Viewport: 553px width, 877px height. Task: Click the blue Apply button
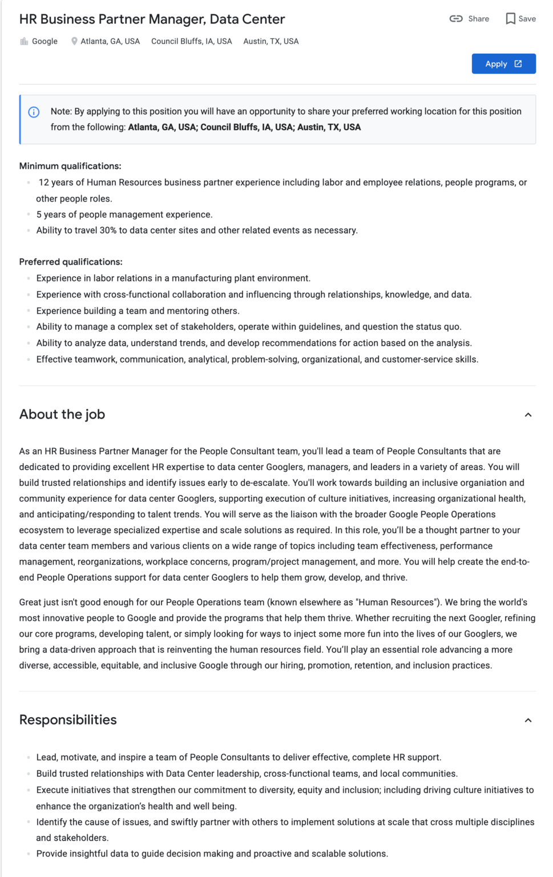click(503, 64)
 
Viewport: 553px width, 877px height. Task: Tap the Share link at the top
click(470, 19)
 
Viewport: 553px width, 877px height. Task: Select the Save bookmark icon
click(511, 19)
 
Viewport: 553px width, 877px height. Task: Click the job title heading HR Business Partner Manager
click(152, 19)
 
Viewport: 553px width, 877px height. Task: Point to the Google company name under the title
click(45, 41)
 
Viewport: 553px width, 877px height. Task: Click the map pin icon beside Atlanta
click(74, 41)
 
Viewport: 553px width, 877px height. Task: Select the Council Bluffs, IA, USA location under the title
click(191, 41)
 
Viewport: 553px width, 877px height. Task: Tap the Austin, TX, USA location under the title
click(271, 41)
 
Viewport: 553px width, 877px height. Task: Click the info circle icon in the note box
click(34, 112)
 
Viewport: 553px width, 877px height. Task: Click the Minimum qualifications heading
click(70, 166)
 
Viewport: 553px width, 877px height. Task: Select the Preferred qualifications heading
click(71, 262)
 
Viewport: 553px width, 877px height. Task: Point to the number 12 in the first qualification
click(43, 183)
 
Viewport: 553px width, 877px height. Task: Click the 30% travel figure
click(108, 231)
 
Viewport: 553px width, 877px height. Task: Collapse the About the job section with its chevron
click(528, 415)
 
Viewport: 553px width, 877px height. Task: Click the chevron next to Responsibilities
click(528, 721)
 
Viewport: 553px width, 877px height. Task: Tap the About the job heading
click(62, 415)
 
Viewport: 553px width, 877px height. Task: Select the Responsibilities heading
click(68, 720)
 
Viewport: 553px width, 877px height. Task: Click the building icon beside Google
click(24, 41)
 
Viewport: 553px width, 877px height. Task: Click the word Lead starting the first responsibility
click(46, 758)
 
